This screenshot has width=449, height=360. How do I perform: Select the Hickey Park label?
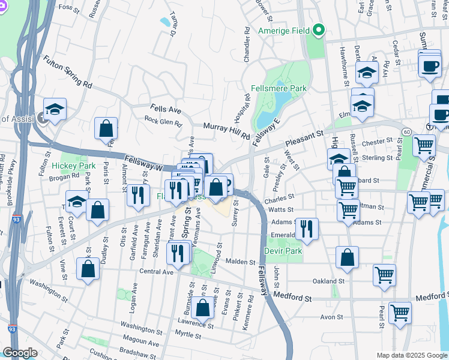point(73,165)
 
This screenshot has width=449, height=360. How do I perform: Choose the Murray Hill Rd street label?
point(226,131)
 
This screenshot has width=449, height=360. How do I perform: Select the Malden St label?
point(241,262)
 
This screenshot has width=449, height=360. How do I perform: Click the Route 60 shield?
point(406,131)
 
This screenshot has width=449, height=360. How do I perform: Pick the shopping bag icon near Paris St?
point(106,128)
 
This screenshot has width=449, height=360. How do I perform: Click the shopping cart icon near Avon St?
point(400,312)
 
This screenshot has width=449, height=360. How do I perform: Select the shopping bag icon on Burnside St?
point(203,306)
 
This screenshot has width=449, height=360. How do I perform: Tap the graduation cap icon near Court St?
point(76,200)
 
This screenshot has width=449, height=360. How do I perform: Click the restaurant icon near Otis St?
point(139,194)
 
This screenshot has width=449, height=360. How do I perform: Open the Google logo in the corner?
point(20,353)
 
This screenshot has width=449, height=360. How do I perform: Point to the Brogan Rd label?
point(65,176)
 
